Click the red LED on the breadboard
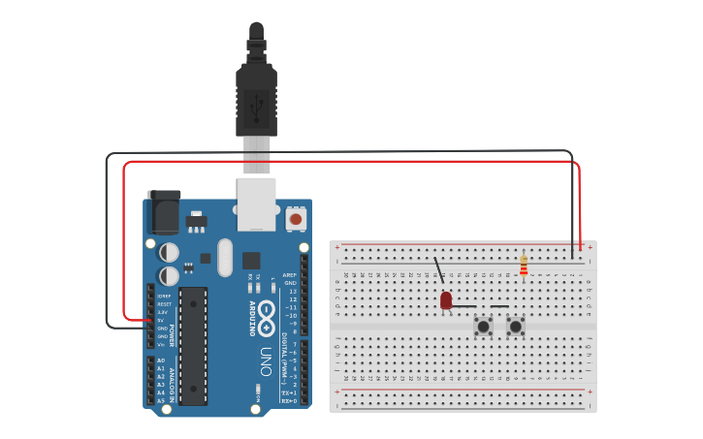click(446, 300)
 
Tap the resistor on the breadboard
click(524, 265)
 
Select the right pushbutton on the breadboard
click(516, 327)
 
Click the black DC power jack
click(164, 211)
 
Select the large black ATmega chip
click(193, 345)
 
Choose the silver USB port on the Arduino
click(257, 204)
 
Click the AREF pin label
click(290, 275)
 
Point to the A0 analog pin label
click(160, 361)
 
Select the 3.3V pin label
click(164, 312)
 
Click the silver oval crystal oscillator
click(226, 258)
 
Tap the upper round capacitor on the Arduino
click(169, 252)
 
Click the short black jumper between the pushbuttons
click(499, 307)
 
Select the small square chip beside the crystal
click(251, 260)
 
